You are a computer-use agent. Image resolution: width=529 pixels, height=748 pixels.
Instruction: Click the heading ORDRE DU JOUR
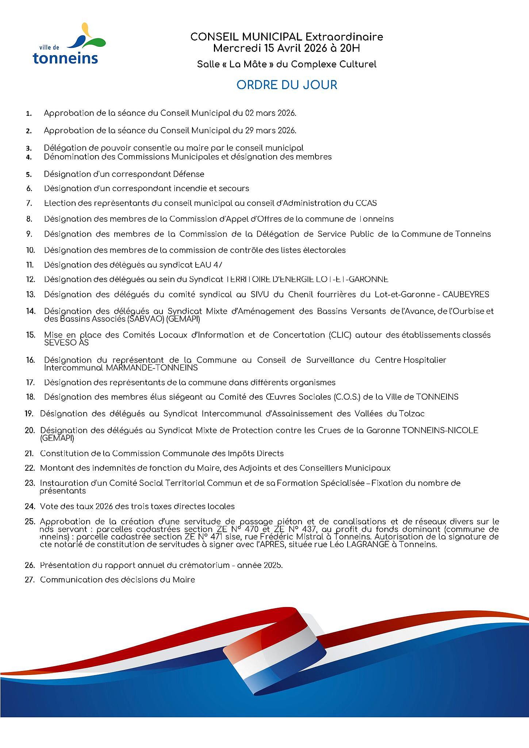point(287,85)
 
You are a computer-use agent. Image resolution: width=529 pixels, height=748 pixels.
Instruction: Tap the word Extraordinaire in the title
point(344,37)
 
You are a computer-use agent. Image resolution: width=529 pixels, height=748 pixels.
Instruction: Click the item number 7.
point(29,203)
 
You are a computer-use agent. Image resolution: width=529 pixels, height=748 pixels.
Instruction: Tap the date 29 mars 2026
point(271,130)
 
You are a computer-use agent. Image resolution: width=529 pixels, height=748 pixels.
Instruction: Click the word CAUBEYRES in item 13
point(465,294)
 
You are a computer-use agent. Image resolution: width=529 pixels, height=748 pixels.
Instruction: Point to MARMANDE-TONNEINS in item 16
point(152,367)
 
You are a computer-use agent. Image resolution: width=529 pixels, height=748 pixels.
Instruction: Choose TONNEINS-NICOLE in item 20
point(440,430)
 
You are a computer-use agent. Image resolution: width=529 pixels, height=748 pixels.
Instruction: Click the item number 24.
point(30,506)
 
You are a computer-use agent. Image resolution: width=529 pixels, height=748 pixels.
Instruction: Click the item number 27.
point(30,580)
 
